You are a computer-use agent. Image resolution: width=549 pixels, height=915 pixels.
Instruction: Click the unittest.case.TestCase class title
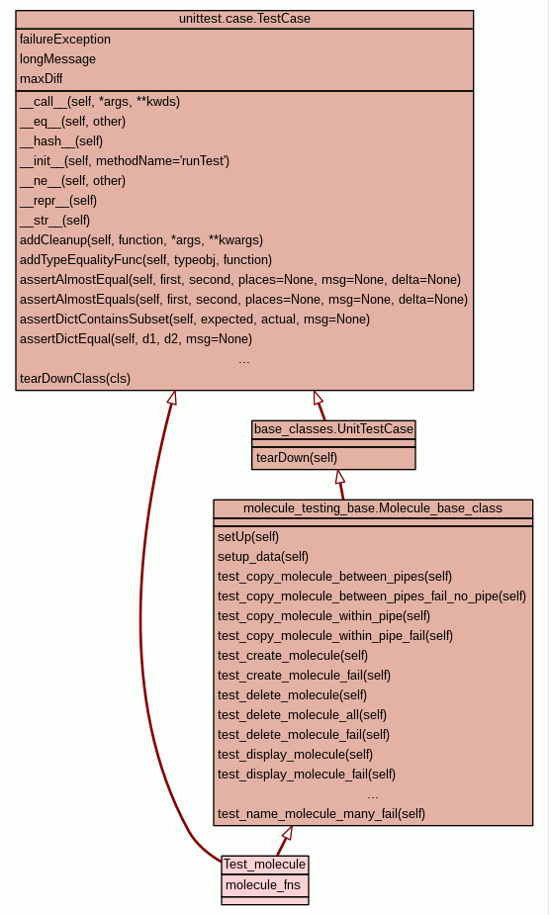tap(244, 19)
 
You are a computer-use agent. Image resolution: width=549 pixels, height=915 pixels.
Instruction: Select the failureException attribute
tap(64, 40)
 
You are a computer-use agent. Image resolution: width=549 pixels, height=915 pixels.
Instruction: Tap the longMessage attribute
tap(57, 59)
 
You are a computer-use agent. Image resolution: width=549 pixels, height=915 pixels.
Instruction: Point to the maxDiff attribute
tap(41, 78)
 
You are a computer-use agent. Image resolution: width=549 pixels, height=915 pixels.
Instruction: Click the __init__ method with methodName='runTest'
tap(125, 160)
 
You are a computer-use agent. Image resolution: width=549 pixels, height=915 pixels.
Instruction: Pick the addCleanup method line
tap(141, 239)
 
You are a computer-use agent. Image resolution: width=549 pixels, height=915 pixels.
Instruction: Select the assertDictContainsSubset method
tap(194, 320)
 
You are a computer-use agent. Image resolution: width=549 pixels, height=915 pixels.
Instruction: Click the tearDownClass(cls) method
tap(74, 378)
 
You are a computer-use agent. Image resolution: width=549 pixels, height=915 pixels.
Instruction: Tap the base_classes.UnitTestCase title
tap(333, 429)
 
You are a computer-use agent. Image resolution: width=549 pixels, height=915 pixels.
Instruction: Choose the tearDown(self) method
tap(297, 457)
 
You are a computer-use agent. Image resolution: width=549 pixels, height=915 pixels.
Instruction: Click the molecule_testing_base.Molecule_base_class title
tap(373, 508)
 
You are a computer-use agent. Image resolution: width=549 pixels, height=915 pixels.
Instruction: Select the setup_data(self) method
tap(263, 557)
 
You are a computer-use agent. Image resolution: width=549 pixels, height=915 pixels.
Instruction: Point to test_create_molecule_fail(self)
tap(304, 676)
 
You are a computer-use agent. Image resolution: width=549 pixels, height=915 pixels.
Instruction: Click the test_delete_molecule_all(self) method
tap(303, 715)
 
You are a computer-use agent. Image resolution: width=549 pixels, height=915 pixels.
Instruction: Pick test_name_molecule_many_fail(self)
tap(321, 813)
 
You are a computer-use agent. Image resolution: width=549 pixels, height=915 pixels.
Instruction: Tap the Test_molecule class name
tap(264, 865)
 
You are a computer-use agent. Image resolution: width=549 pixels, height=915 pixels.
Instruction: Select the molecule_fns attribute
tap(263, 884)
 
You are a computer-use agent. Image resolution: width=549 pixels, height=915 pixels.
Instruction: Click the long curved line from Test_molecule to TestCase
tap(140, 618)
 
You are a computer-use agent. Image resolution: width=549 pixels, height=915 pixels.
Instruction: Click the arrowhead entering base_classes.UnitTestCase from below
tap(339, 477)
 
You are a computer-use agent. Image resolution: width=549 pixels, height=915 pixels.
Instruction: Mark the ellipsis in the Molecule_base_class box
tap(373, 796)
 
